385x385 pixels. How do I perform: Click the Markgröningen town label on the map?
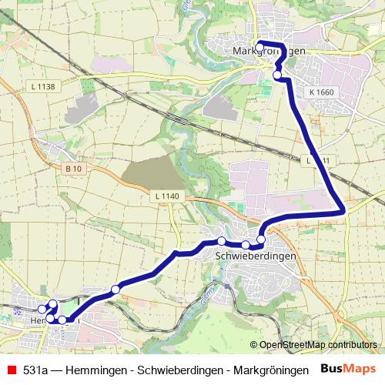click(x=269, y=51)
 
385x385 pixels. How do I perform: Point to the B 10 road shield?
click(x=73, y=169)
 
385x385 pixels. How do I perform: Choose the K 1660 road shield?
click(x=321, y=92)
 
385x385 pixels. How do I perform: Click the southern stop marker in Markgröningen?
click(x=277, y=75)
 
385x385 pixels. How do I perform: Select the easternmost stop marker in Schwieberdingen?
click(x=261, y=239)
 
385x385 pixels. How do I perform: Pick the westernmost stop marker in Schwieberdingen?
click(x=221, y=241)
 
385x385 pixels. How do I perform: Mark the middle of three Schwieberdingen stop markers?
click(x=246, y=245)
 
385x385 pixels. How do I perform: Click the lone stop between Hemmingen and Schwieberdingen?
click(x=115, y=290)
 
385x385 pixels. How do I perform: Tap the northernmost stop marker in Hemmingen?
click(x=52, y=303)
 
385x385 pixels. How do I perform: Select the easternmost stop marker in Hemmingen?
click(x=62, y=320)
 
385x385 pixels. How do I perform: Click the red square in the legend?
click(x=11, y=370)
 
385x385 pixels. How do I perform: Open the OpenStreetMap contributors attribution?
click(x=317, y=344)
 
